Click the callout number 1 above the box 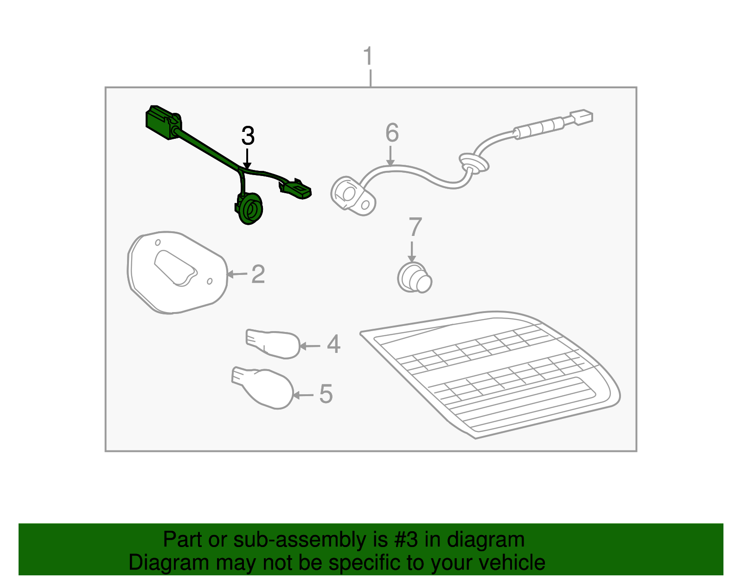(x=368, y=56)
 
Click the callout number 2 (x=258, y=274)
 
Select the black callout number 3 (x=248, y=136)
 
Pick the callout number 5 (x=326, y=394)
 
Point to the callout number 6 (x=392, y=132)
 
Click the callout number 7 (x=415, y=227)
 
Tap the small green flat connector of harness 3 (x=295, y=189)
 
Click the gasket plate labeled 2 (x=177, y=273)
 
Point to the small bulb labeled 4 (x=273, y=344)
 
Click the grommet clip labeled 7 (x=415, y=278)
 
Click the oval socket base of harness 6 (x=353, y=196)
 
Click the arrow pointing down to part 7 (x=412, y=252)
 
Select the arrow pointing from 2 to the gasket (x=237, y=274)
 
